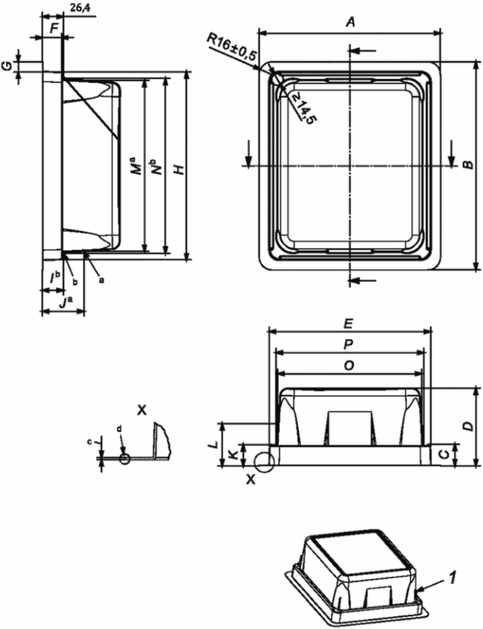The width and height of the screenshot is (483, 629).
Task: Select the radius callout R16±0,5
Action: [x=231, y=47]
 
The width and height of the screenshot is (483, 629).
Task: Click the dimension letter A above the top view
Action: [x=351, y=22]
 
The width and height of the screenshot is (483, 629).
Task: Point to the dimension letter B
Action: [x=467, y=164]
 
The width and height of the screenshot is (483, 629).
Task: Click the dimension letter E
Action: [x=349, y=323]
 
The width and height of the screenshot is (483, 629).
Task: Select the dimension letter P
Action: [x=349, y=344]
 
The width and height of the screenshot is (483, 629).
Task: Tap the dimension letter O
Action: [x=349, y=365]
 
